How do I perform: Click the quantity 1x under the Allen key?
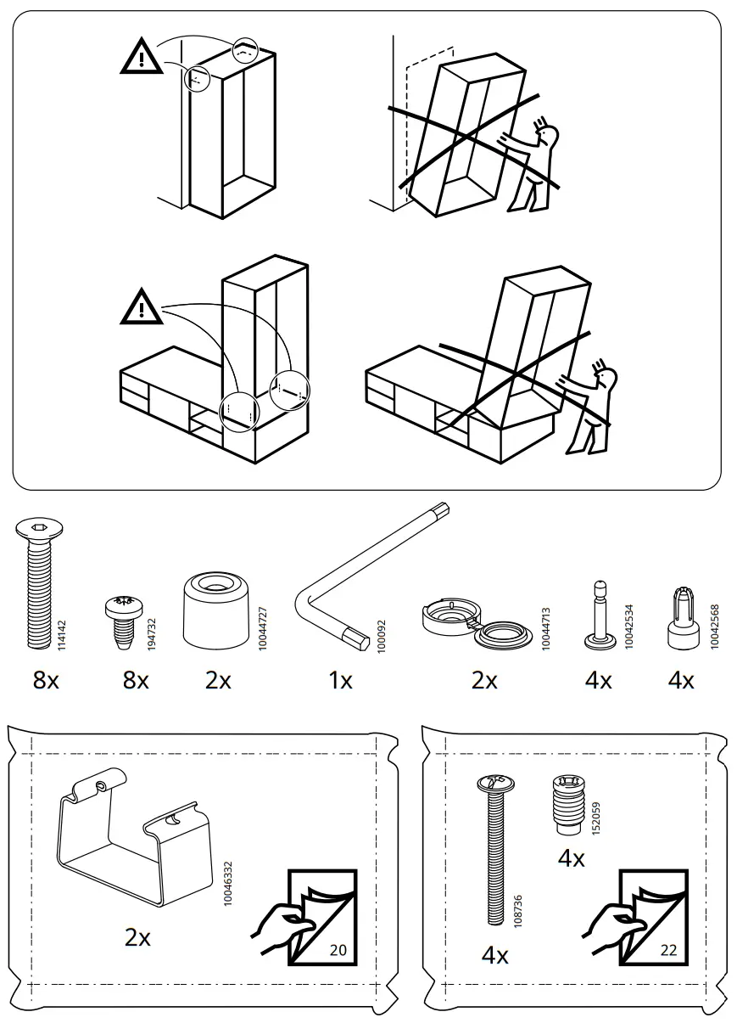340,680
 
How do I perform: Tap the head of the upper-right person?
549,134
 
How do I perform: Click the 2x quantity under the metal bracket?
137,937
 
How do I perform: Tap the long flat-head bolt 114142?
36,587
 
